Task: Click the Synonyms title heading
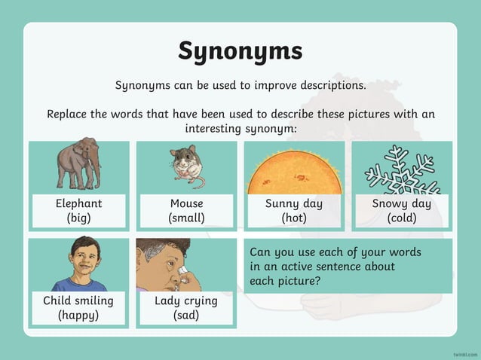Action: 240,50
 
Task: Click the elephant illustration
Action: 78,163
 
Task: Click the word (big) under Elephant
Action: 78,218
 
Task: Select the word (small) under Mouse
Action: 186,218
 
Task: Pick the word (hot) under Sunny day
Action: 294,218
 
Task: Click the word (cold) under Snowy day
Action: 402,218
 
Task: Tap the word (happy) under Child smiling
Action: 78,315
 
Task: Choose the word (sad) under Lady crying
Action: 185,315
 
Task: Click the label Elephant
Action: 78,203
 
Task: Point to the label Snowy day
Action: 402,203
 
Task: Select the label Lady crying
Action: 185,301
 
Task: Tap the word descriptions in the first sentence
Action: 329,85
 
